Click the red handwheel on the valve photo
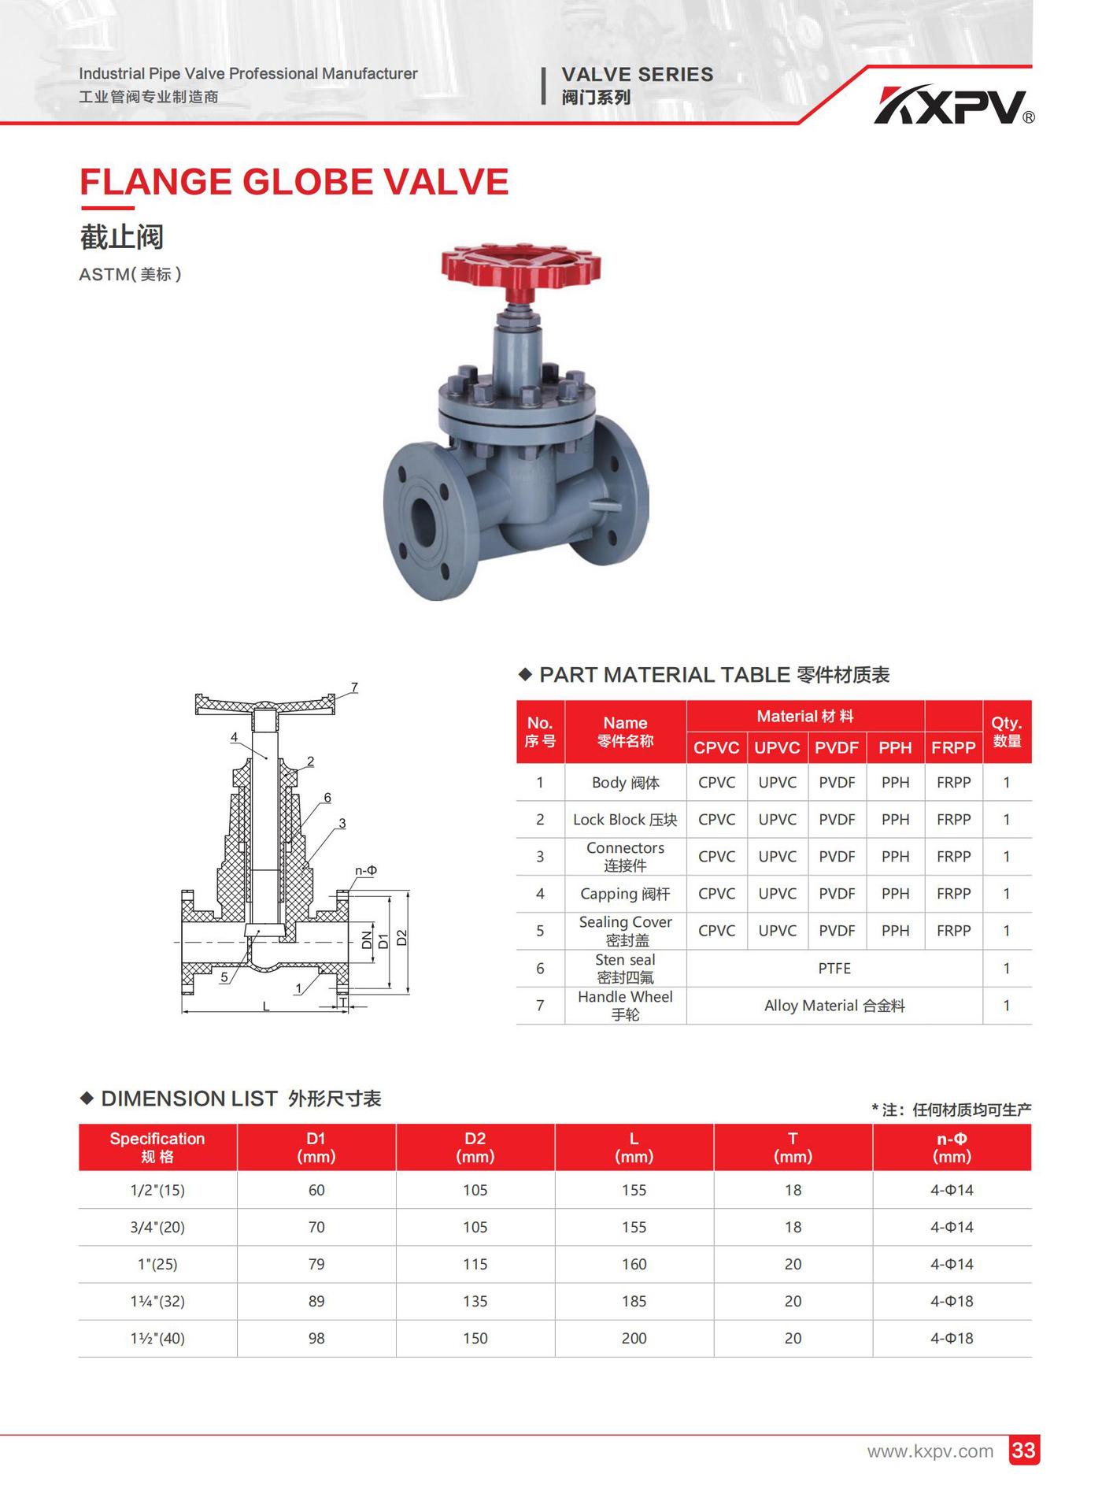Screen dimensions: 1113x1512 click(x=520, y=265)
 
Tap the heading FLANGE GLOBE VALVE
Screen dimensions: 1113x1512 click(x=294, y=182)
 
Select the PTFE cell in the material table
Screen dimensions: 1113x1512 click(x=834, y=968)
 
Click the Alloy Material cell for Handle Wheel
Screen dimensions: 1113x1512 click(x=834, y=1006)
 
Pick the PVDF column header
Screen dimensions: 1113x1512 click(x=836, y=747)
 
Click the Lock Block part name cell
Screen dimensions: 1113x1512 click(x=625, y=820)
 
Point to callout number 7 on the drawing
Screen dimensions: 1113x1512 click(x=355, y=687)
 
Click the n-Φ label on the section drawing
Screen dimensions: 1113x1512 click(x=366, y=870)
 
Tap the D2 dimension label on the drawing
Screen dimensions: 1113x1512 click(x=402, y=938)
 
